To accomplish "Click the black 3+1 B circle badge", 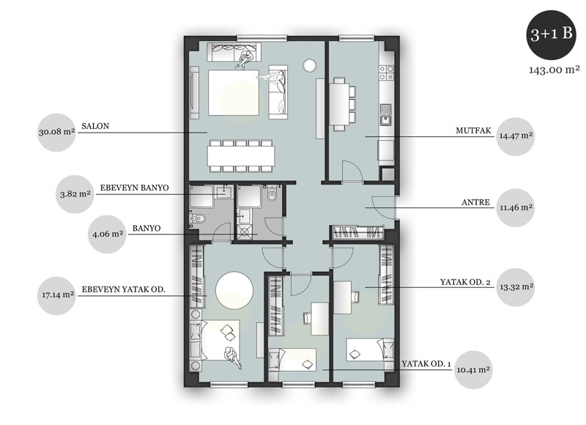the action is [552, 34].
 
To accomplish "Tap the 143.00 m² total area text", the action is [555, 70].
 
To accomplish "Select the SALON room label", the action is [95, 126].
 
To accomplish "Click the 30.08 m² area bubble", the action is [57, 133].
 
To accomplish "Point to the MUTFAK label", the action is [473, 130].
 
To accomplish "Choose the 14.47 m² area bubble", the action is [516, 136].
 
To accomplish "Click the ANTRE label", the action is [475, 202].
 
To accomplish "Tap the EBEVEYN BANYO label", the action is [134, 188].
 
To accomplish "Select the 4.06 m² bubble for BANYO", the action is [107, 234].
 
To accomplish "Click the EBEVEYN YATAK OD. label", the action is [123, 289].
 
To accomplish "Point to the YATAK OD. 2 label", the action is [465, 282].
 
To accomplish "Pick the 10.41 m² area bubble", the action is [473, 370].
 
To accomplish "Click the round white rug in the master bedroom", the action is [234, 291].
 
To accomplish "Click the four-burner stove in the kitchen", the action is [387, 73].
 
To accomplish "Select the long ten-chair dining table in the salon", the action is [242, 156].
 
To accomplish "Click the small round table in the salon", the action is [309, 65].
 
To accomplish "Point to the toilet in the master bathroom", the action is [198, 218].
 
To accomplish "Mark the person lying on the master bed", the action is [232, 357].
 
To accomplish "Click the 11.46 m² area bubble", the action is [516, 208].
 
